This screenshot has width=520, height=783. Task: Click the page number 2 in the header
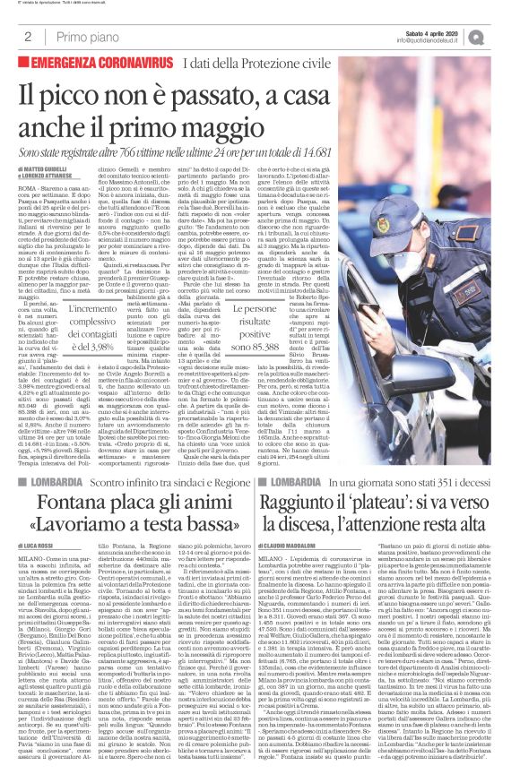[x=29, y=36]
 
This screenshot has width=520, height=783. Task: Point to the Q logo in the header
[x=500, y=35]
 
